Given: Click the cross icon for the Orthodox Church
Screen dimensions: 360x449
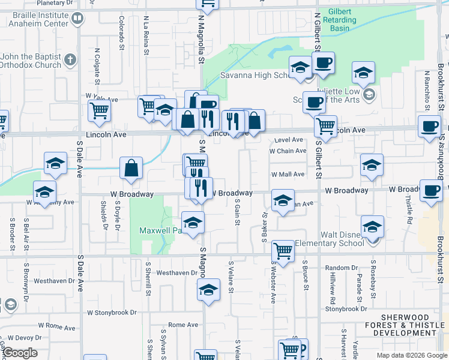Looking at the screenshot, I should (70, 60).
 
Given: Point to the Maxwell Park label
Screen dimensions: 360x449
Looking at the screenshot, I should (156, 230).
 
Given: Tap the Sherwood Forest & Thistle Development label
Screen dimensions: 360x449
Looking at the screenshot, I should (406, 325).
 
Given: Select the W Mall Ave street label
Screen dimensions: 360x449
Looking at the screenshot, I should (288, 175).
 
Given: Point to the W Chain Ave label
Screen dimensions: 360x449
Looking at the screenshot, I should (288, 151).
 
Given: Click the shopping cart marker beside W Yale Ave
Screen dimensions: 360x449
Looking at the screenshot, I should (99, 110).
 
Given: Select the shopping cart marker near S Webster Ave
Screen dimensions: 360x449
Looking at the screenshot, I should (282, 252).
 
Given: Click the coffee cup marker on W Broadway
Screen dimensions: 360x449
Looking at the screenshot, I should (431, 190).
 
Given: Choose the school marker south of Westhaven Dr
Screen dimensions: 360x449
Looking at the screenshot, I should (208, 290).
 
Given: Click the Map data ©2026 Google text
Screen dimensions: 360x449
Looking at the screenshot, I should (411, 355).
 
